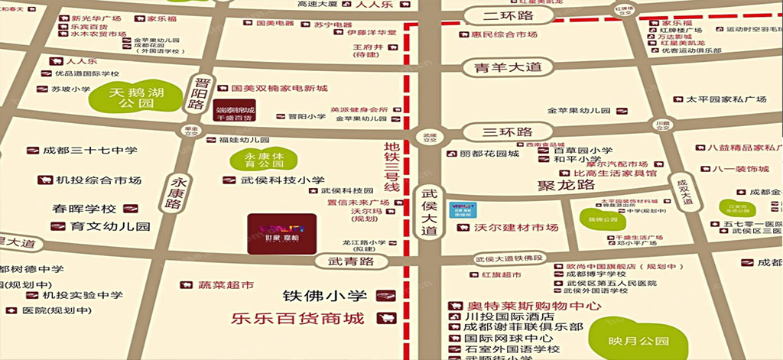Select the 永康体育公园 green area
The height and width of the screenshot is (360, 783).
point(252,160)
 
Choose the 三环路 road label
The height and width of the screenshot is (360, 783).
point(508,132)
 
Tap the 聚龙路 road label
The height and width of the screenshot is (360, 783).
point(566,185)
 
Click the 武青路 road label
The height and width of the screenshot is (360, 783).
point(351,261)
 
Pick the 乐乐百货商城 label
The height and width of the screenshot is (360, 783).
point(297,317)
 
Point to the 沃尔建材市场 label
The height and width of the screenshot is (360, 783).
point(516,228)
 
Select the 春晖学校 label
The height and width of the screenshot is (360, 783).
point(84,208)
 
